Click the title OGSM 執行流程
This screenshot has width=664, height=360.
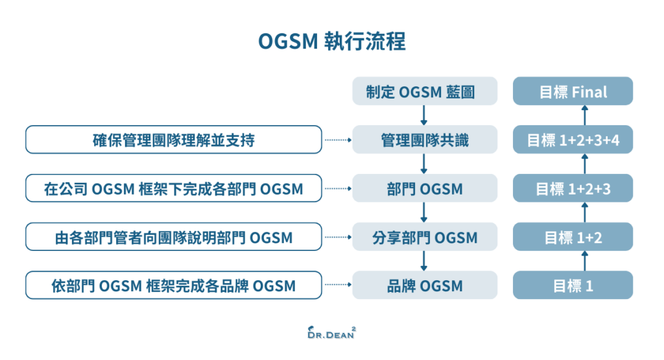[331, 42]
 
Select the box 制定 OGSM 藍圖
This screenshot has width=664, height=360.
[425, 91]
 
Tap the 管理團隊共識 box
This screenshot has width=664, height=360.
[425, 139]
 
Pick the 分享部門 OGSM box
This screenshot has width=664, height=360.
[425, 237]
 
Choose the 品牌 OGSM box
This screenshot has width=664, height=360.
[425, 285]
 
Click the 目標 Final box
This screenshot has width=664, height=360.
[573, 91]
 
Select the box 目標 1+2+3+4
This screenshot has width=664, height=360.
[573, 139]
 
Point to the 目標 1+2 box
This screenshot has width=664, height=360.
[573, 237]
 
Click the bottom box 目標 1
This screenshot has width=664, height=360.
[573, 285]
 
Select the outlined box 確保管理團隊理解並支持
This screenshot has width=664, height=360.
[174, 139]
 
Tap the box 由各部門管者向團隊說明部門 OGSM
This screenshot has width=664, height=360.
[174, 237]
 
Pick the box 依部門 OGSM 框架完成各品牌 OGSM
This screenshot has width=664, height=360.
[174, 285]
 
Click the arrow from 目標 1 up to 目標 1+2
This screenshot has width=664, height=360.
[585, 261]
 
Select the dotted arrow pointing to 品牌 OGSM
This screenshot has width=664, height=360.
[337, 285]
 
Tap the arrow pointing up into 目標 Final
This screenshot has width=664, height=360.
[585, 115]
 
